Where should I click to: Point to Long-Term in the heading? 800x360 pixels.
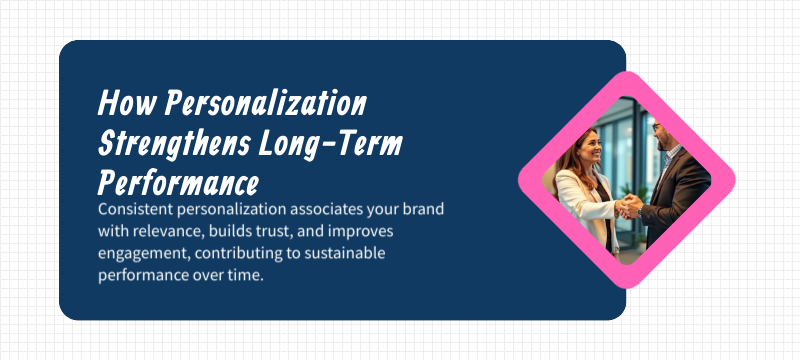[330, 144]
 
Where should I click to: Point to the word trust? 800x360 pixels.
[286, 232]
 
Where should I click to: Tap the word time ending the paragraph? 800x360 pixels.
[244, 276]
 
